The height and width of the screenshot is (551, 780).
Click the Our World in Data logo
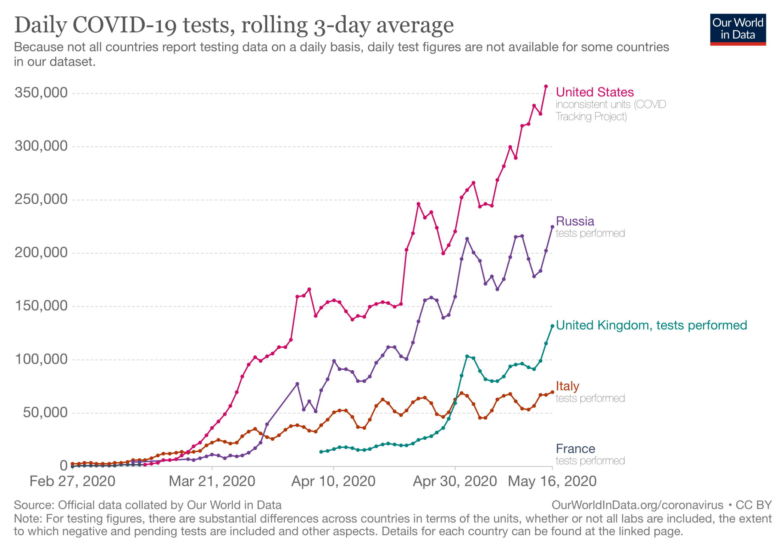click(x=737, y=29)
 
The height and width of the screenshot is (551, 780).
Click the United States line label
click(x=595, y=92)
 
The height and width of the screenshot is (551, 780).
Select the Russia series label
click(x=575, y=221)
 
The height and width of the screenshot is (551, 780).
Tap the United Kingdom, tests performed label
click(x=651, y=325)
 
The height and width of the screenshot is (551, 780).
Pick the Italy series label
click(x=567, y=386)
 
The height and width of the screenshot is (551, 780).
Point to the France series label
click(x=575, y=448)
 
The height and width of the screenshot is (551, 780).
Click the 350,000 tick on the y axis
click(x=41, y=93)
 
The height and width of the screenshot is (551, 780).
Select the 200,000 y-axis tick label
click(x=41, y=253)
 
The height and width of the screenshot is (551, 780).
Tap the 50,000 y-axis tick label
click(x=45, y=413)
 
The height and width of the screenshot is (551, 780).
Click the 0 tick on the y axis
click(x=63, y=465)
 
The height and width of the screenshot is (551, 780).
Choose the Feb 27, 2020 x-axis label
click(x=72, y=481)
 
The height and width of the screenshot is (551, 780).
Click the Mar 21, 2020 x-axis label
click(x=212, y=481)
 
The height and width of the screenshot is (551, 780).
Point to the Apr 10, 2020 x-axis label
click(x=333, y=481)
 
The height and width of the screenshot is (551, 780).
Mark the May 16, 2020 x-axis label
click(x=552, y=481)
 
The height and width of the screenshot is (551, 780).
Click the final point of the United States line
click(x=546, y=87)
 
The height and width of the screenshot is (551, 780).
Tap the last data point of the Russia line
click(x=552, y=227)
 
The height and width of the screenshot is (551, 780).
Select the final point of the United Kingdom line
click(x=552, y=326)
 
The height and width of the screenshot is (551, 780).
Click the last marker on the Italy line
click(x=552, y=392)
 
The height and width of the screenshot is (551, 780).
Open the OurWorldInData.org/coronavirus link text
click(x=637, y=505)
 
